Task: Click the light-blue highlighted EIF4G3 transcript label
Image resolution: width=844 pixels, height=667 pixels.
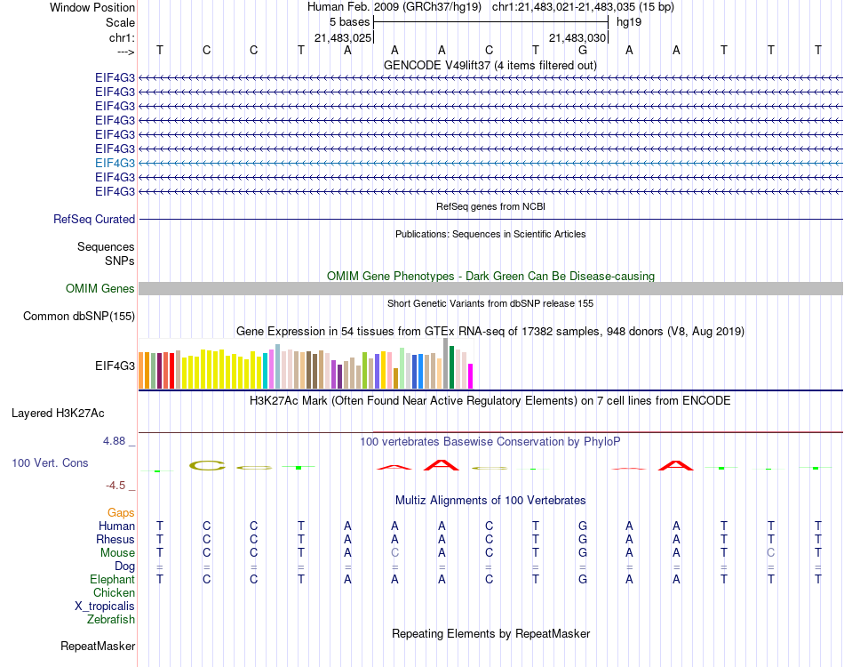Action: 115,163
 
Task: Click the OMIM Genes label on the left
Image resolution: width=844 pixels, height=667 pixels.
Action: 100,288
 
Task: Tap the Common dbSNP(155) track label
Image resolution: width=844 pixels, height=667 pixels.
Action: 79,316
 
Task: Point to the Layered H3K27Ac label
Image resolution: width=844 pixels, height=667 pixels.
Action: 58,413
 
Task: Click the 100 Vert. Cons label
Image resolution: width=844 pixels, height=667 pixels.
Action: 50,463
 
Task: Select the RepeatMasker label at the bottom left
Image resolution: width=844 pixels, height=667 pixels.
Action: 97,646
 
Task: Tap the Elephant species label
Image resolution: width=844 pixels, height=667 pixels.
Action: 112,579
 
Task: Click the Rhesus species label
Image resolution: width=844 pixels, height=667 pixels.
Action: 115,539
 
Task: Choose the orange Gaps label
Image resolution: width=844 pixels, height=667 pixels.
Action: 121,512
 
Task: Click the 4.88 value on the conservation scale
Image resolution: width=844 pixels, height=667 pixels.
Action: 117,441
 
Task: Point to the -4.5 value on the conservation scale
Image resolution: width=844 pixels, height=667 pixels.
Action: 119,486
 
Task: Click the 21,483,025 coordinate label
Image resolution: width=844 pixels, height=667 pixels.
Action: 343,37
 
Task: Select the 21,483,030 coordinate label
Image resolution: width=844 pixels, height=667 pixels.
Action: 577,37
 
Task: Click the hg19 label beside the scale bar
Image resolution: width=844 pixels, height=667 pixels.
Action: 629,21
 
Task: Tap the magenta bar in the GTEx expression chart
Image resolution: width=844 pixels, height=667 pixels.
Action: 471,376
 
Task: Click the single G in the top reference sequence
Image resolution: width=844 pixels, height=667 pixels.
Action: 582,50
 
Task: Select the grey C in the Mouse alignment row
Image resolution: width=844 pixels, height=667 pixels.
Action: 394,552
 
